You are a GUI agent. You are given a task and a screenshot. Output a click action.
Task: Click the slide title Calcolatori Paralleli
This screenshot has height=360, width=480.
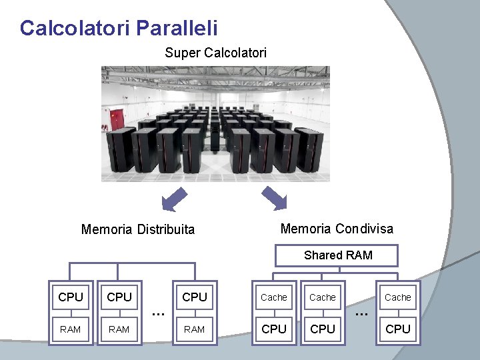[x=119, y=28]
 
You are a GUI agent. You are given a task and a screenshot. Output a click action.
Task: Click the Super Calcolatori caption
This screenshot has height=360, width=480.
[x=215, y=52]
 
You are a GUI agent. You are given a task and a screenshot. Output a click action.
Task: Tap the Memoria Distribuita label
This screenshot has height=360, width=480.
[x=138, y=230]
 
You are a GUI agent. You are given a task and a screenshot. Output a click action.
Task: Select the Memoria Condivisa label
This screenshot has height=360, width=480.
[x=337, y=229]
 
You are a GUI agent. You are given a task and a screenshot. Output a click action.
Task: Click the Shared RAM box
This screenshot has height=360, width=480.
[x=338, y=255]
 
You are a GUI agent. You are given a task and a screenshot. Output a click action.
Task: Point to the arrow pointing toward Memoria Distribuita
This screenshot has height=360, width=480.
[x=174, y=199]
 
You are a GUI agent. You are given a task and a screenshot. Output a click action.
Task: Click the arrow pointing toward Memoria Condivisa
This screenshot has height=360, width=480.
[x=273, y=199]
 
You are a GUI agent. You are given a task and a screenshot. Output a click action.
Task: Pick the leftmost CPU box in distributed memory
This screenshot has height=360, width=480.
[x=71, y=297]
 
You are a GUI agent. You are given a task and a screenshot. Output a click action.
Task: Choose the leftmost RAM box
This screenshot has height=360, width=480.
[x=71, y=329]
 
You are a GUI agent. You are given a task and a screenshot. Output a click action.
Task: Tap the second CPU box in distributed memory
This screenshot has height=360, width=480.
[x=119, y=297]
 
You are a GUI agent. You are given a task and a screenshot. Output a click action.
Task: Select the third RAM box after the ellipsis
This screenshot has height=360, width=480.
[x=194, y=329]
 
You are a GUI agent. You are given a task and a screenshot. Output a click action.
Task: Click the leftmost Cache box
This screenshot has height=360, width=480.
[x=274, y=297]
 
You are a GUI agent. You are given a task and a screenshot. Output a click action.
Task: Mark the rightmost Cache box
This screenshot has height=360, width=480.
[x=398, y=297]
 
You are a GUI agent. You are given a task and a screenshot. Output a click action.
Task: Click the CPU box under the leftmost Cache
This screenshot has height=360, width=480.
[x=274, y=329]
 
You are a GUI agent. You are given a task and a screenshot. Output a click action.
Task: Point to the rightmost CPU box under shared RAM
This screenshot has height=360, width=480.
[x=398, y=329]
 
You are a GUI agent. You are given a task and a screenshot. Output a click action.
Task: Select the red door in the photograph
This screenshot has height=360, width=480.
[x=117, y=120]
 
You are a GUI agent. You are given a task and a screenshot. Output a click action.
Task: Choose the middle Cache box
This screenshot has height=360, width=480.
[x=323, y=297]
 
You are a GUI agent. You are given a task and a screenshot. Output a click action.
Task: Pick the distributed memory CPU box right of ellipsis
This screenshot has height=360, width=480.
[x=195, y=297]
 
